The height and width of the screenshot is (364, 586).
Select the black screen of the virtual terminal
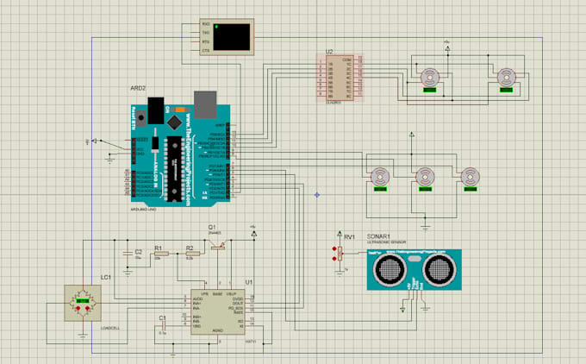pos(233,35)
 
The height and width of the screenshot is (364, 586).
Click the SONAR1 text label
pos(380,236)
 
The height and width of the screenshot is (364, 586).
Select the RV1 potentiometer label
pos(349,236)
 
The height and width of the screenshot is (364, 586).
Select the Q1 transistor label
pos(213,227)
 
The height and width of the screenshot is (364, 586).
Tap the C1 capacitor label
pos(161,318)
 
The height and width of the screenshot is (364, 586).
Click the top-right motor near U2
pos(508,79)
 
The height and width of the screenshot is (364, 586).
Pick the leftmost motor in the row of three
pos(379,177)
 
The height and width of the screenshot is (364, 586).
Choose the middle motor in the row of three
pos(425,177)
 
